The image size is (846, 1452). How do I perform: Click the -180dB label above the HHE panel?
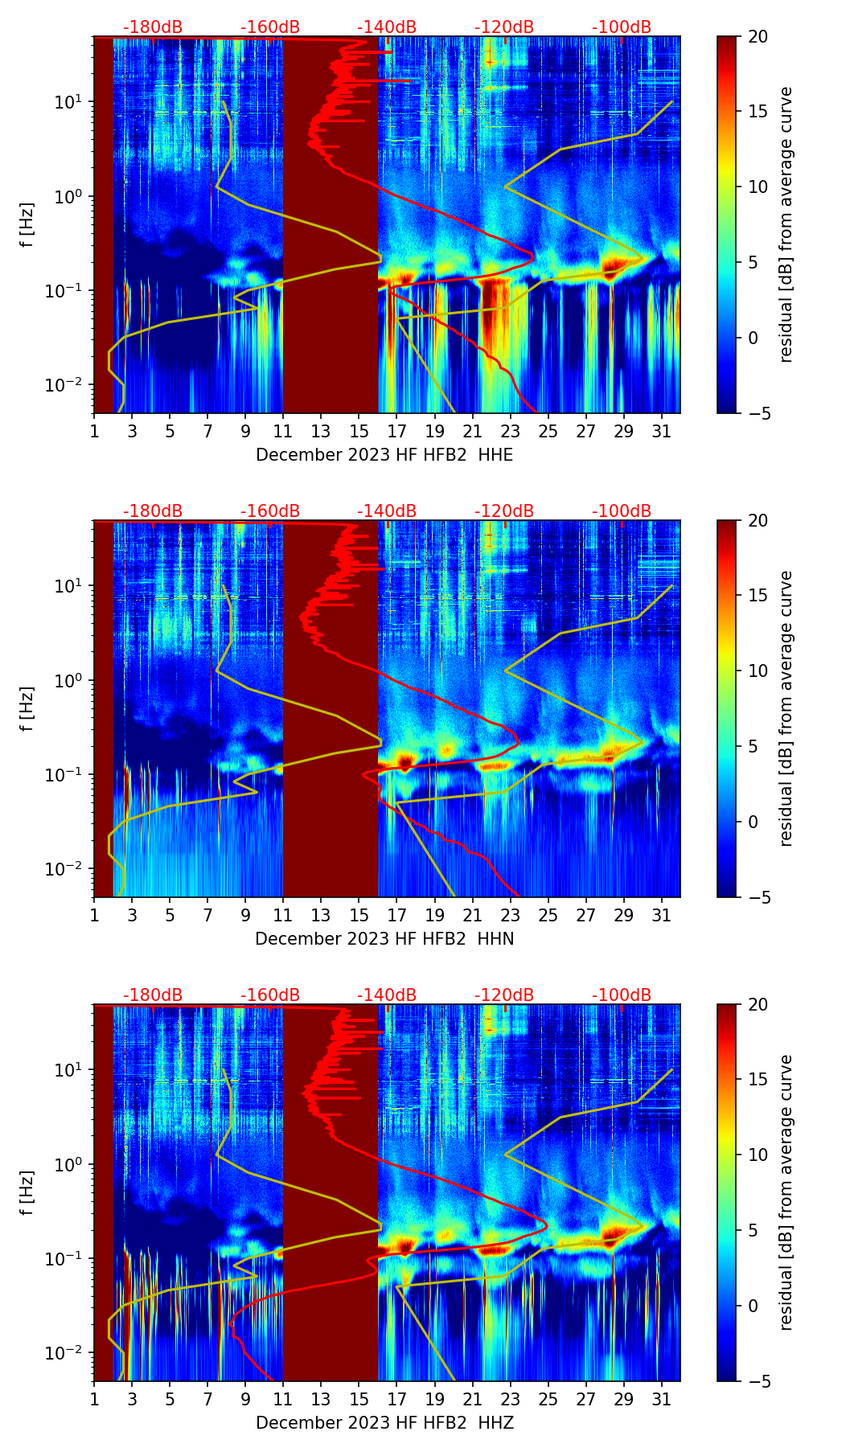click(x=153, y=27)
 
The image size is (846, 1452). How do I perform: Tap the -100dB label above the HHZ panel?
click(x=622, y=995)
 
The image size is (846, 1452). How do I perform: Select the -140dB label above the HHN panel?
click(x=387, y=511)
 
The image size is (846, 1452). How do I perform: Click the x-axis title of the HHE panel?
click(x=384, y=455)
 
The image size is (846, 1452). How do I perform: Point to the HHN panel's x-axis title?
click(x=384, y=939)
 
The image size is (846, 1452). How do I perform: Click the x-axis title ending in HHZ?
click(x=384, y=1423)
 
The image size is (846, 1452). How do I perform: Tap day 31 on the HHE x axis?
click(x=662, y=432)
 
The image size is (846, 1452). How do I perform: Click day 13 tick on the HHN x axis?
click(x=321, y=916)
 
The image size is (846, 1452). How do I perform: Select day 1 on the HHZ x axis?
click(x=94, y=1400)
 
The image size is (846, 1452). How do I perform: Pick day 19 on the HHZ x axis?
click(x=434, y=1400)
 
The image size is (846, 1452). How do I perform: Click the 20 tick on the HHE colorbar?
click(x=758, y=37)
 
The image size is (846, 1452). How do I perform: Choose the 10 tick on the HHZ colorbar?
click(x=758, y=1155)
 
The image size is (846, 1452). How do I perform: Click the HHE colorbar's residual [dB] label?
click(x=786, y=224)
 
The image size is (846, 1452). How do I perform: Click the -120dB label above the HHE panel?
click(x=504, y=27)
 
